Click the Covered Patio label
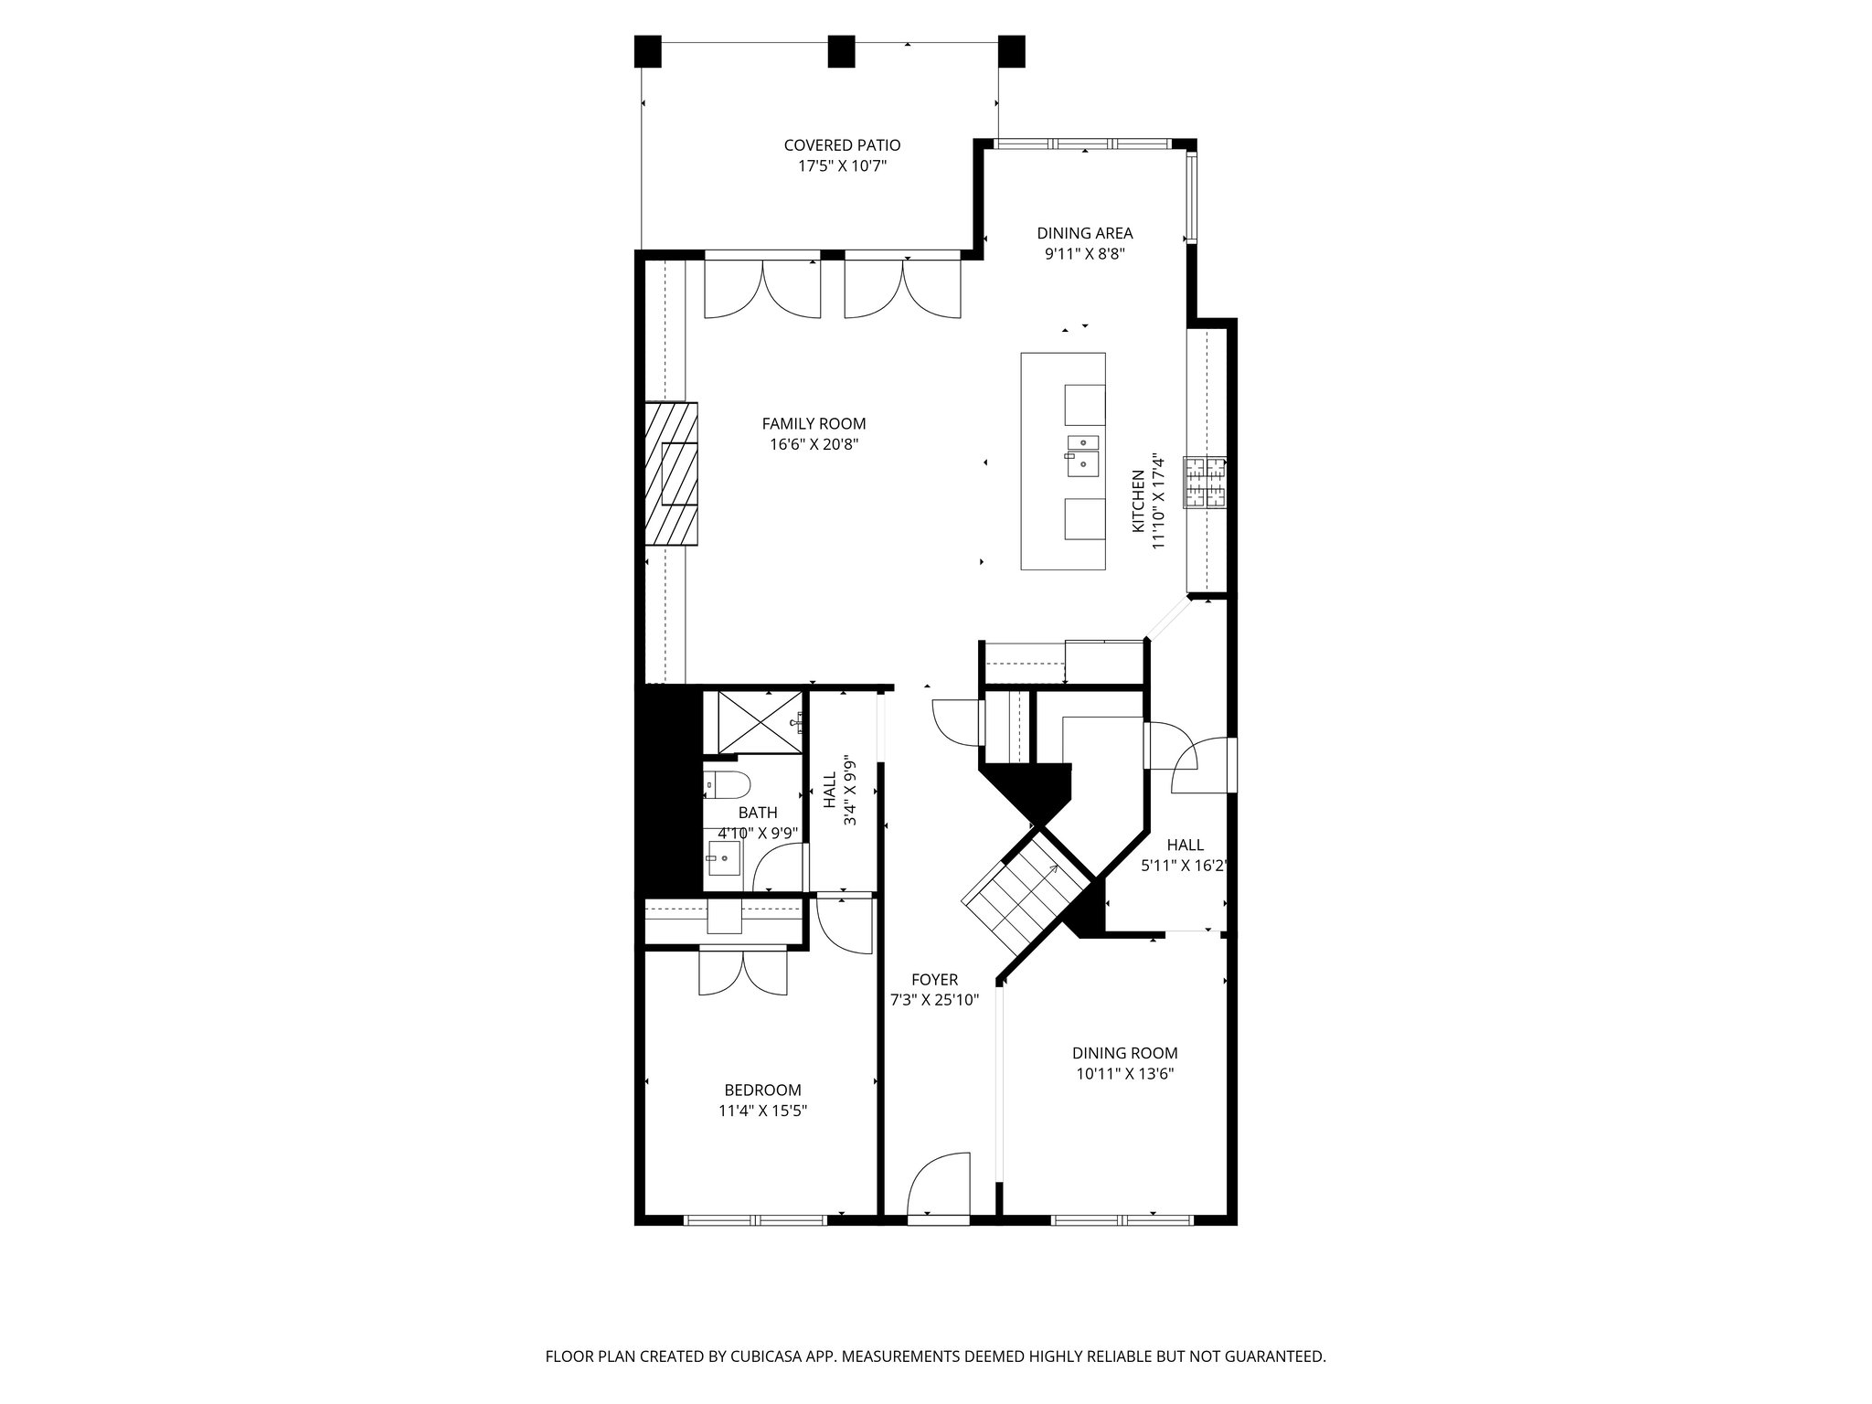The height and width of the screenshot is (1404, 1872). click(842, 145)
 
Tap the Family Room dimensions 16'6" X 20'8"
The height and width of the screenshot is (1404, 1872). click(814, 445)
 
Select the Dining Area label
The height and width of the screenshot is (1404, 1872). click(1084, 233)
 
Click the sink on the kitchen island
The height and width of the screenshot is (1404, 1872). click(1081, 454)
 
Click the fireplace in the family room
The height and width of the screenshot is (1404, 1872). click(672, 473)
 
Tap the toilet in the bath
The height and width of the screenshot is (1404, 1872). click(727, 784)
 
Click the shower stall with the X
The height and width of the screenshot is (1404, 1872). click(759, 721)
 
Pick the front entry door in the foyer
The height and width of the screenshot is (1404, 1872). click(939, 1185)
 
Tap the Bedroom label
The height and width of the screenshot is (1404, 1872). click(762, 1090)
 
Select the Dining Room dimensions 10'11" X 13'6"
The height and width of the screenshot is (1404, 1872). click(1124, 1074)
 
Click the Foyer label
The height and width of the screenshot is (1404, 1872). click(934, 979)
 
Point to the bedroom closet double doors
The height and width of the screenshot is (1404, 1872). click(742, 973)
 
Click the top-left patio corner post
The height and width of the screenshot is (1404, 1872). click(647, 51)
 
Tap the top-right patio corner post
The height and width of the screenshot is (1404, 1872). click(1011, 51)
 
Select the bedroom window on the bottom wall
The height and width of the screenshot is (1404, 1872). click(755, 1218)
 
